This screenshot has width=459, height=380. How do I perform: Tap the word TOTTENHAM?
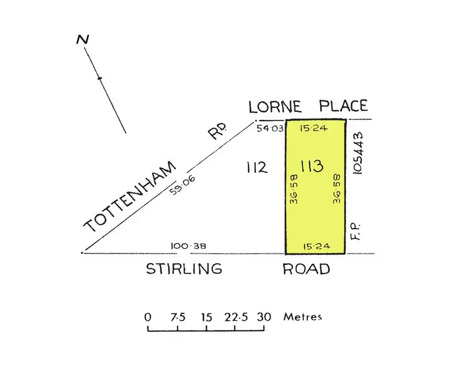coord(130,197)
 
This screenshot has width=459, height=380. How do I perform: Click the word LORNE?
coord(275,107)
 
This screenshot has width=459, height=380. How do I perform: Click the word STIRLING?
coord(184,269)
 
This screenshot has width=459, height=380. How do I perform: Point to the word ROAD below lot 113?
coord(306,269)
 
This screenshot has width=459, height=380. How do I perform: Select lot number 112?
coord(257,167)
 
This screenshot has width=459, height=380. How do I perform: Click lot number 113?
coord(312,166)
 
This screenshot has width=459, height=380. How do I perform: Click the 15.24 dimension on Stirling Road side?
coord(316,246)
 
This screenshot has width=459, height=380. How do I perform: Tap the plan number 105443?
coord(359,153)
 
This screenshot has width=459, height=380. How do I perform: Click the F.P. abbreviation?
coord(359,231)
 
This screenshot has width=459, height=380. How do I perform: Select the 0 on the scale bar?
coord(147,317)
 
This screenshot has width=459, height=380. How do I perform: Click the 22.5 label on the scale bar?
coord(234,317)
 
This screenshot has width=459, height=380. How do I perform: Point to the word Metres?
coord(302,317)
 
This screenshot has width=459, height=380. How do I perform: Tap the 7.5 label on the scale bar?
coord(177,317)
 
